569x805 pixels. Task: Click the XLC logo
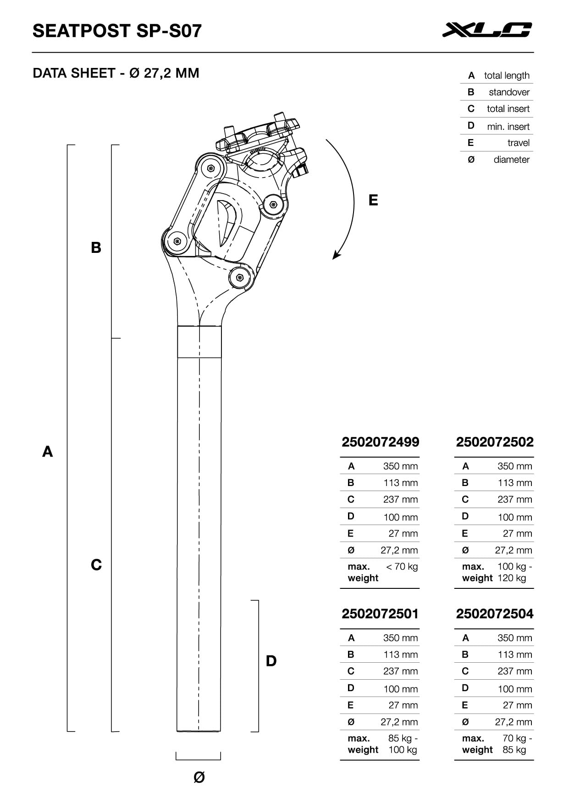click(487, 30)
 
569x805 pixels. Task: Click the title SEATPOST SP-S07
click(117, 31)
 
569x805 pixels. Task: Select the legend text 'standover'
click(509, 92)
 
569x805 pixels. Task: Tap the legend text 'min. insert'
click(508, 127)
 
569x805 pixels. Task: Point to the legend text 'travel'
click(518, 143)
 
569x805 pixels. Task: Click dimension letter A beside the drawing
click(48, 452)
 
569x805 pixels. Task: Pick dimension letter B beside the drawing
click(96, 248)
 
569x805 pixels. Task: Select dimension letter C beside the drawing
click(96, 565)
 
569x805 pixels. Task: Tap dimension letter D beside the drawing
click(271, 661)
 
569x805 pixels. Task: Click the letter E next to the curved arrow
click(373, 200)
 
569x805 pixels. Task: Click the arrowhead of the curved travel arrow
click(336, 256)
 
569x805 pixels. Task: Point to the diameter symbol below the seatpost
click(199, 777)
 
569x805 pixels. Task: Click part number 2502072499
click(380, 442)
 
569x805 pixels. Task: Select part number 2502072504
click(495, 614)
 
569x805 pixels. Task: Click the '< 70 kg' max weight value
click(402, 567)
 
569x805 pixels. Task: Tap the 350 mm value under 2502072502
click(514, 466)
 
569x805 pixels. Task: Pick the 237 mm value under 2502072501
click(400, 671)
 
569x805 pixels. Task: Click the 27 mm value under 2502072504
click(517, 705)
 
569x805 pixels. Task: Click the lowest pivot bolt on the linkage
click(239, 277)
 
